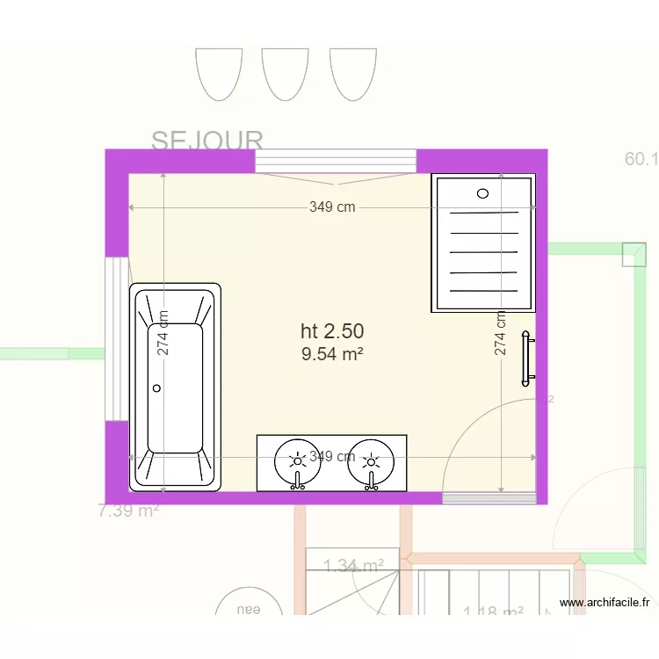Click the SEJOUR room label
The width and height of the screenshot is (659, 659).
point(207,141)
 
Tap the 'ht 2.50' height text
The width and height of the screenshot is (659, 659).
point(332,331)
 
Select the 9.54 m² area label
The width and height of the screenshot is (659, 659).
point(332,354)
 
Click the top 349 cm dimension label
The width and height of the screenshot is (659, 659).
point(332,207)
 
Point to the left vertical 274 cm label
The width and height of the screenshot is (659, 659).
point(163,334)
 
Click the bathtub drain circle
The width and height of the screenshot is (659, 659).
point(158,387)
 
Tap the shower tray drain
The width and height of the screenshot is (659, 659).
point(482,192)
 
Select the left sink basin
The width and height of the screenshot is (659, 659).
point(298,460)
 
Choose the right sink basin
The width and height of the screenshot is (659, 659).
point(372,460)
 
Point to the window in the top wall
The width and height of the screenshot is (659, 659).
point(335,161)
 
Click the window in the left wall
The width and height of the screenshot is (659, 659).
point(117,338)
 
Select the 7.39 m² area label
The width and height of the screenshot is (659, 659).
point(128,511)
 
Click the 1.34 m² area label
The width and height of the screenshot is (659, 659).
point(353,566)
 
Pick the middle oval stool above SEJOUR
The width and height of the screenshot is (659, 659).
point(286,73)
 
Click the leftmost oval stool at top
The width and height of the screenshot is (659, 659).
point(219,73)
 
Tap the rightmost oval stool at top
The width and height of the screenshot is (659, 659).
point(352,73)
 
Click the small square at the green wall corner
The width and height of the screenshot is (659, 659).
point(633,255)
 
